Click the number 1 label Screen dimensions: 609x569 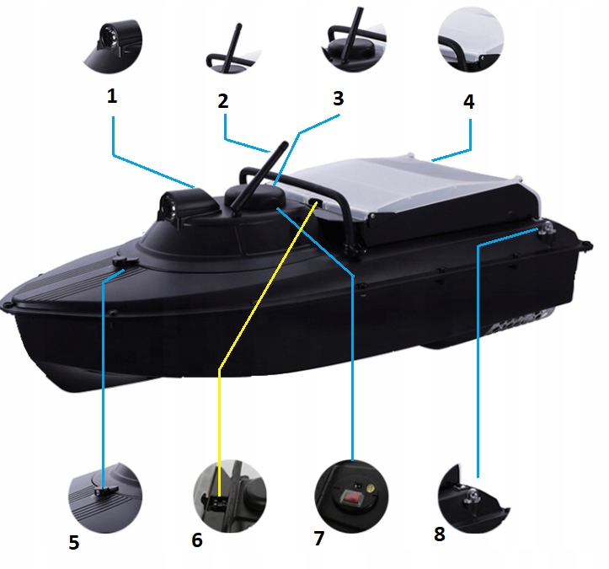point(112,96)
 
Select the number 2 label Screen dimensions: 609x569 point(223,100)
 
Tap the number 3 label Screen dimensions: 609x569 point(339,99)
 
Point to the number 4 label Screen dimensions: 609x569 point(469,101)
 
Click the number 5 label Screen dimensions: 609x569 point(74,542)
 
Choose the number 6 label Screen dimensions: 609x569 point(197,539)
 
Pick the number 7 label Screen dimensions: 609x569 point(319,539)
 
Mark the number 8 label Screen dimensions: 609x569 point(440,534)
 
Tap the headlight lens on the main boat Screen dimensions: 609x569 point(169,205)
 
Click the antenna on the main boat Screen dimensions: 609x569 point(259,179)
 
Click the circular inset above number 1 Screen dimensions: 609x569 point(113,46)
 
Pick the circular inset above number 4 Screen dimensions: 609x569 point(470,40)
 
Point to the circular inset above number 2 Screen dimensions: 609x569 point(233,49)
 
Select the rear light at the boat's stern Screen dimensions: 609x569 point(546,229)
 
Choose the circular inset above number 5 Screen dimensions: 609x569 point(105,497)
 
